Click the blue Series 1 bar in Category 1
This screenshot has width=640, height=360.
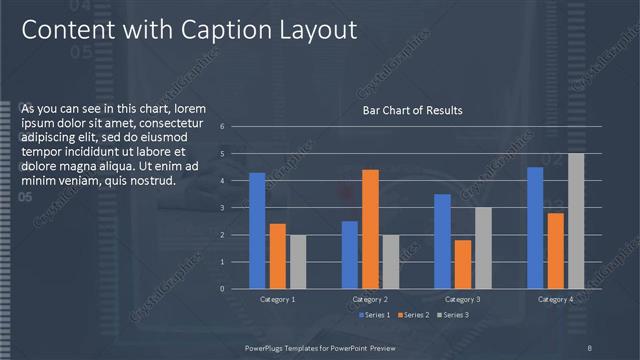257,230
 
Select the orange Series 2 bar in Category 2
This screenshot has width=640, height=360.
370,229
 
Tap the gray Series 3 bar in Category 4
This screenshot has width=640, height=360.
576,220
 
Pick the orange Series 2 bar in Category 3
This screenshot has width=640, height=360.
462,264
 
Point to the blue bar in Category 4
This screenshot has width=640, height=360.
535,227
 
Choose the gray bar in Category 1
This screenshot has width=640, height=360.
298,261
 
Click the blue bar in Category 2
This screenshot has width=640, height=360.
349,254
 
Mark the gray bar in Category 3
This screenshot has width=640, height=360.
483,247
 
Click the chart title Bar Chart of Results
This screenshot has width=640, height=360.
412,110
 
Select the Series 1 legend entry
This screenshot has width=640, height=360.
375,315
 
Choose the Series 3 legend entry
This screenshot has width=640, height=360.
452,315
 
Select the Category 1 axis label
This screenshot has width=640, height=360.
277,299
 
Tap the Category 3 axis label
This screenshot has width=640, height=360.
462,299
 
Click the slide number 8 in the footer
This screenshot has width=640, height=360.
591,347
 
